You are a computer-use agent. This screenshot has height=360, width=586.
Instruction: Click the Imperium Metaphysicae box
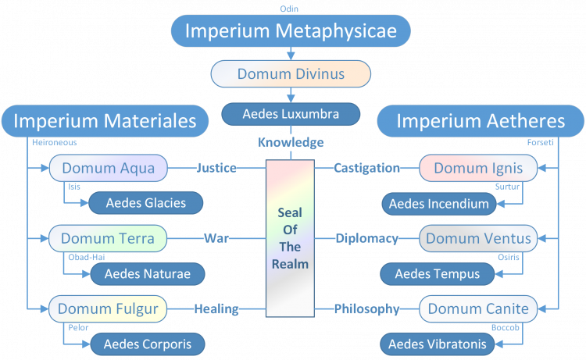point(291,31)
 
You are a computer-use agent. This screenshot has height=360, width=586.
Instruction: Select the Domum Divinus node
point(291,74)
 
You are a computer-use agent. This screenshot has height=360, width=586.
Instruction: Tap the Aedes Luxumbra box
point(291,114)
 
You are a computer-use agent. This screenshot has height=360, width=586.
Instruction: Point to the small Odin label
point(289,9)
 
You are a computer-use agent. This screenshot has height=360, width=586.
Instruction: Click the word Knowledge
point(291,142)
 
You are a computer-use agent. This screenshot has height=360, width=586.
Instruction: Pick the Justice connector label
point(216,168)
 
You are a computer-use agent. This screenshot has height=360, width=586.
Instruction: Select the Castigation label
point(366,168)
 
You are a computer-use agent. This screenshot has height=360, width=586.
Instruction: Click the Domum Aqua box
point(109,168)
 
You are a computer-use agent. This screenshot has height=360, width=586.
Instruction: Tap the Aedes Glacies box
point(146,203)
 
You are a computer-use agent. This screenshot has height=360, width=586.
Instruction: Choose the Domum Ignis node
point(478,168)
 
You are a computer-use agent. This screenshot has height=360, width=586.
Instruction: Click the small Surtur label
point(507,187)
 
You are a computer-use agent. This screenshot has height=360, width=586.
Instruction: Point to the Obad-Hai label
point(86,257)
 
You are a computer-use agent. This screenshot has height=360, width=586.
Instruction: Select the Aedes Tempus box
point(438,274)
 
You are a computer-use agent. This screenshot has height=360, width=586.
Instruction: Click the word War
point(216,238)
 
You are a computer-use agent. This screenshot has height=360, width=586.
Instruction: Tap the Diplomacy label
point(366,238)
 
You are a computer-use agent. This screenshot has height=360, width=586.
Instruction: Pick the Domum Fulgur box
point(108,308)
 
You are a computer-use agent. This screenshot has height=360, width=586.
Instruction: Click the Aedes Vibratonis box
point(438,344)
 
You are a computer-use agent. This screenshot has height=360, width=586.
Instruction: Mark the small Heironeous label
point(54,142)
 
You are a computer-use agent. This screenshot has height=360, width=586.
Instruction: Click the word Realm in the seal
point(290,264)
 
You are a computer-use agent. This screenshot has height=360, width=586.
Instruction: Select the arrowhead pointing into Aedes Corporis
point(86,344)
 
